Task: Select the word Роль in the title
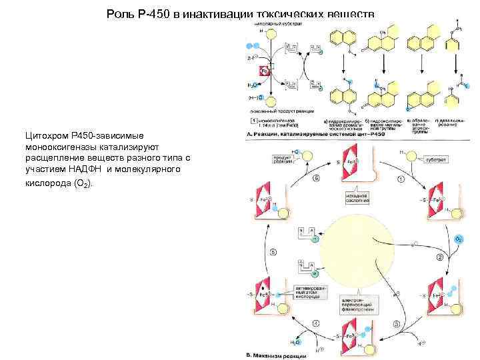[x=121, y=14]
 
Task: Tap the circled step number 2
[x=440, y=257]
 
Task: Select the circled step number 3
[x=396, y=323]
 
